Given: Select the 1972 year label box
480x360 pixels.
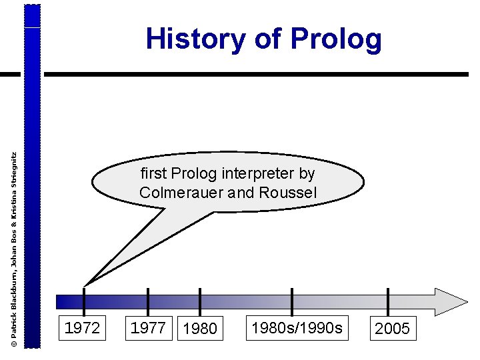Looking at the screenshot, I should (x=82, y=328).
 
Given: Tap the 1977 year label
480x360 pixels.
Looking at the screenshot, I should (x=148, y=328).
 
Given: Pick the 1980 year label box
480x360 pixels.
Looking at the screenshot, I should (x=199, y=329).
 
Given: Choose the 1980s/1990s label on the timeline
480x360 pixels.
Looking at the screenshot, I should (x=297, y=327).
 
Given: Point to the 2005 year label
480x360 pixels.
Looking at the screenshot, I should (x=393, y=329).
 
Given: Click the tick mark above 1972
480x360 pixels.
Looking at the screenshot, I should (x=84, y=301).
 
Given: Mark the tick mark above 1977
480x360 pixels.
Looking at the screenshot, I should (x=148, y=301).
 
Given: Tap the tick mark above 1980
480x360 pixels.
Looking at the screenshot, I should (x=199, y=301).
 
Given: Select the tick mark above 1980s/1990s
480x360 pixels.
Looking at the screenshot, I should (x=292, y=301).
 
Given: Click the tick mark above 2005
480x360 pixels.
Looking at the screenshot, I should (x=388, y=301).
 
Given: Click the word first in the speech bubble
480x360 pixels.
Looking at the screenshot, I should (x=153, y=174).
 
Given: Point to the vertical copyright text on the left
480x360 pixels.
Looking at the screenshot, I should (x=14, y=247).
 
